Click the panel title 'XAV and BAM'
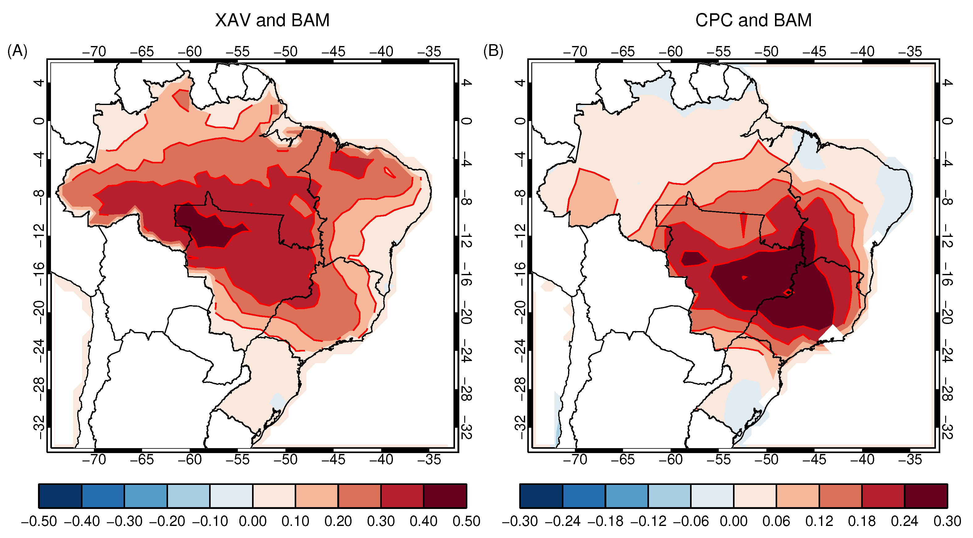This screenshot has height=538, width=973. [272, 20]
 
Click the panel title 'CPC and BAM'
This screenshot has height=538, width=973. [753, 20]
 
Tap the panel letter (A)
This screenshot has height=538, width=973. [17, 51]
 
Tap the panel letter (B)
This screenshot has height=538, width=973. [493, 51]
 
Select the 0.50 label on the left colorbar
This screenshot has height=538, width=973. [466, 521]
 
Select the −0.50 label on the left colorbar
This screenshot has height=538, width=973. [39, 521]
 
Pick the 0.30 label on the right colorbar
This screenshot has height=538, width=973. [947, 521]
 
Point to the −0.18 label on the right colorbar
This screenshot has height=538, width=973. [605, 521]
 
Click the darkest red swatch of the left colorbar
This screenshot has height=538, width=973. [445, 496]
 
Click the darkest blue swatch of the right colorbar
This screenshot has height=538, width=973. [541, 496]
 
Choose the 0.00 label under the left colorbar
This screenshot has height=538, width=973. [252, 521]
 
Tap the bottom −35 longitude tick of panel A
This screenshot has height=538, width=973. [429, 460]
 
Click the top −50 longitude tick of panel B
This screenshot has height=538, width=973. [766, 52]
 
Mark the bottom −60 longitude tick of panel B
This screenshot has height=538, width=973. [671, 460]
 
